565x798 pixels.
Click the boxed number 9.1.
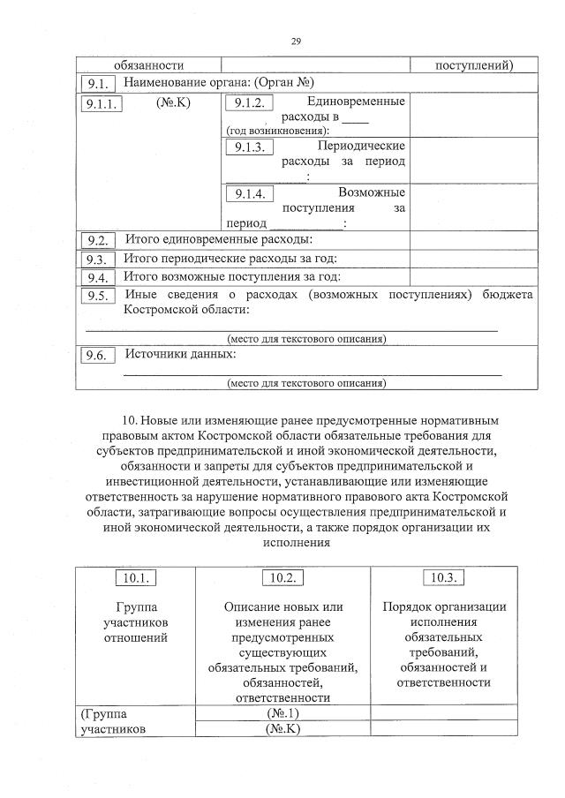98,84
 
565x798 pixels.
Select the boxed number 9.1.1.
105,104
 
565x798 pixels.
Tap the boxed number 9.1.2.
250,104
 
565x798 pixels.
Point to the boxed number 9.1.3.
250,147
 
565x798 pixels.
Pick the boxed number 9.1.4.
250,193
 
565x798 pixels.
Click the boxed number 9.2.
98,241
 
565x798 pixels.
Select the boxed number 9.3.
98,260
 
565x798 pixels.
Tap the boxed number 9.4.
98,277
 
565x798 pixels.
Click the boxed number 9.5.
98,296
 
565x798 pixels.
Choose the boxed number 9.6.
98,356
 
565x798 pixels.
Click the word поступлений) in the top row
475,65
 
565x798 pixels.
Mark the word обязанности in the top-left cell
148,65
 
